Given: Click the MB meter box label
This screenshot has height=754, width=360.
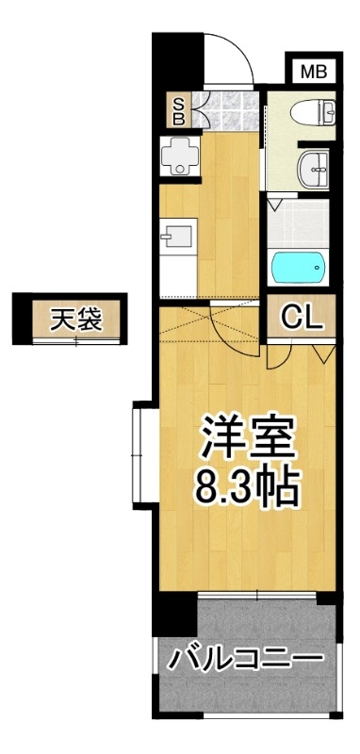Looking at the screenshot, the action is point(314,73).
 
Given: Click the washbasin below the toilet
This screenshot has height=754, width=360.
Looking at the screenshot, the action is point(313,169).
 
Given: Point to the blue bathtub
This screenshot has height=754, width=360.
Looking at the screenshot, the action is point(298,268).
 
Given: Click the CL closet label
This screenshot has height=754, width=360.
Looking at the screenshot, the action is point(302,318).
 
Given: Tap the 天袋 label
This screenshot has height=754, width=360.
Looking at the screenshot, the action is point(76,320).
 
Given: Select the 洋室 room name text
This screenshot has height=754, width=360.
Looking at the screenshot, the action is point(248,437).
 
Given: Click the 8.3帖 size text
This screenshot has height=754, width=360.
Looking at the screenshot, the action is point(247,487).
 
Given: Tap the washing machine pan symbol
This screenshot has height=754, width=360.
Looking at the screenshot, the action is point(179,155).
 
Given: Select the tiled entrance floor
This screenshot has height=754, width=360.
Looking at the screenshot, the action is point(224,110).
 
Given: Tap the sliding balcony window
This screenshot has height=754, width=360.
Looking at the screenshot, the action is point(257,596).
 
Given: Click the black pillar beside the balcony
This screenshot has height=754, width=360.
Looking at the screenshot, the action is point(174,614).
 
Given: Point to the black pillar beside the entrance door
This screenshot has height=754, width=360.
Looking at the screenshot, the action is point(177,59).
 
